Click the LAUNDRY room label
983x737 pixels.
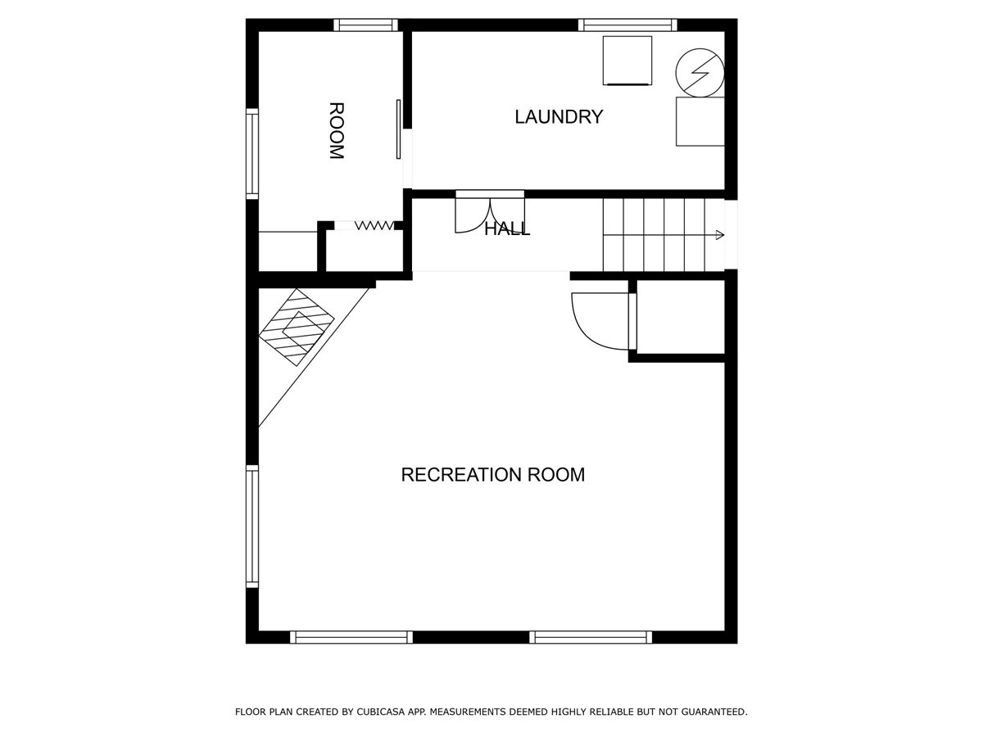(x=559, y=117)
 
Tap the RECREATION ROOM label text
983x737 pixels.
(x=492, y=475)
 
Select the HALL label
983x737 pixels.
(x=507, y=229)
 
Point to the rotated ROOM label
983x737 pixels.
(x=337, y=131)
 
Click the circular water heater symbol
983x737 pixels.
(x=700, y=73)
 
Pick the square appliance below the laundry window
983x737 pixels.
(x=627, y=61)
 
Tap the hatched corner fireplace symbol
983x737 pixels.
(x=297, y=327)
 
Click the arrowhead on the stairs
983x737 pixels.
(x=720, y=235)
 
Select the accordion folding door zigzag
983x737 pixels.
(x=375, y=225)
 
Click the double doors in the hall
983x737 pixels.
(x=490, y=215)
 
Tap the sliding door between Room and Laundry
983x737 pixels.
(x=398, y=129)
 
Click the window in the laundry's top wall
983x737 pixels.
(x=627, y=25)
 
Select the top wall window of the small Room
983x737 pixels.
(x=365, y=25)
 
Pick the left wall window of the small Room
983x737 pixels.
(x=252, y=153)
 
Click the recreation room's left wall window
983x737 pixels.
(x=252, y=527)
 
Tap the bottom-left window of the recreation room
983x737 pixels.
(x=351, y=637)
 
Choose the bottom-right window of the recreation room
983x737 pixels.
(x=591, y=637)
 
